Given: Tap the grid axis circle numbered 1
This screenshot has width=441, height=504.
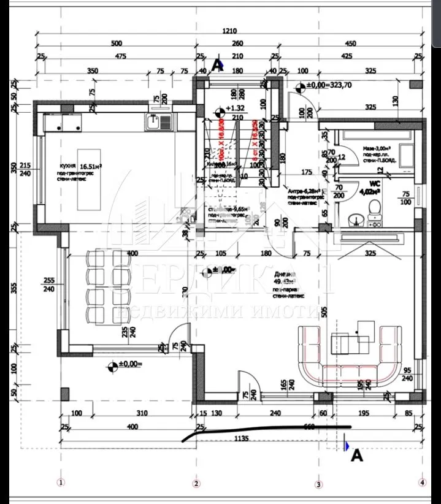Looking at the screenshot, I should [x=60, y=483].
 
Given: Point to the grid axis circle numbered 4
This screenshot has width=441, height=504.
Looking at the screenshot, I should [x=421, y=483].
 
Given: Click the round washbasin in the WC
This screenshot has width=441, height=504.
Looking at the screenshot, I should [x=354, y=218].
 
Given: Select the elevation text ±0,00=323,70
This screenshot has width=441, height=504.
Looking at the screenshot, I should [x=327, y=86].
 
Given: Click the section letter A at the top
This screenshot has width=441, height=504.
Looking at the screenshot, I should [x=216, y=63].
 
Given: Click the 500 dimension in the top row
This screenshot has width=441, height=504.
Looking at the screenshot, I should [x=116, y=43].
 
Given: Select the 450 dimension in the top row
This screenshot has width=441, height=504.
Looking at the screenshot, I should [x=350, y=43].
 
